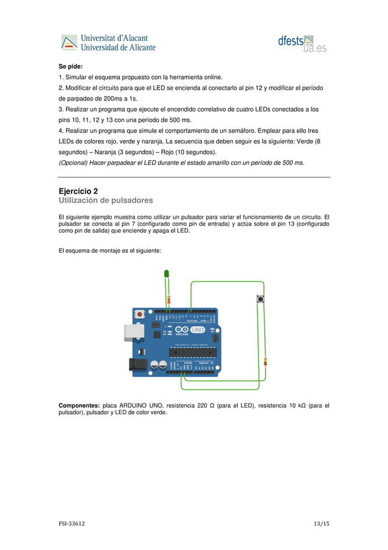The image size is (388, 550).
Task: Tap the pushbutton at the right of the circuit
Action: click(x=261, y=298)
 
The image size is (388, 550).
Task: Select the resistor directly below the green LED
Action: click(x=168, y=299)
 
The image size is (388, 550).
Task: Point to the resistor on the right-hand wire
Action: click(x=265, y=362)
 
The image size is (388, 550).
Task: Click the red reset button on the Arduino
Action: click(x=140, y=314)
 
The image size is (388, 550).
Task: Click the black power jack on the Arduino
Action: click(x=134, y=364)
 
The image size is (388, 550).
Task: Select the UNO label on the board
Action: click(x=198, y=330)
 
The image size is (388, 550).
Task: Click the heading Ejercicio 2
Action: click(x=78, y=191)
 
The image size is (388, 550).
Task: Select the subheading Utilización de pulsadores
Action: click(x=105, y=200)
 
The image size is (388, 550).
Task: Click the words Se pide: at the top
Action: click(x=70, y=66)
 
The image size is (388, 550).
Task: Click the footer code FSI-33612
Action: click(x=71, y=524)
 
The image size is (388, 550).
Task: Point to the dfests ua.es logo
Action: click(x=303, y=43)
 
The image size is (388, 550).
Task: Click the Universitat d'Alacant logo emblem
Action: click(x=69, y=43)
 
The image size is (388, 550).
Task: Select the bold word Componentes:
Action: click(x=79, y=405)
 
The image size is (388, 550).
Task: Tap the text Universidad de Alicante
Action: click(x=119, y=47)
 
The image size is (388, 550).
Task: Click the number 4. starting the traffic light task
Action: click(x=61, y=131)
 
